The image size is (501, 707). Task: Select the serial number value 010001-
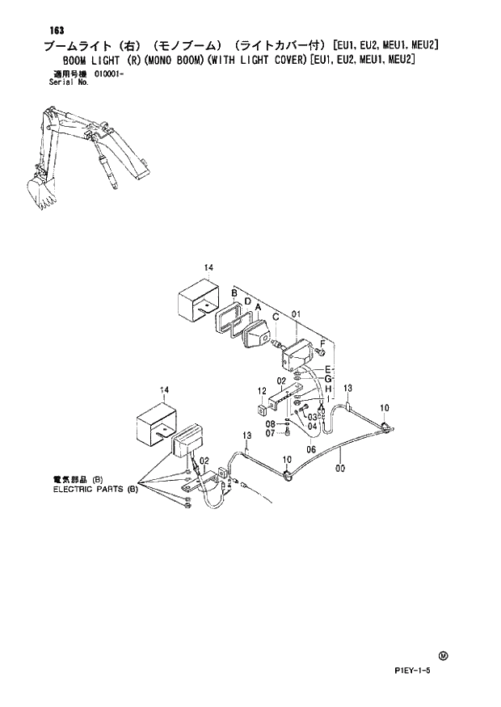click(111, 74)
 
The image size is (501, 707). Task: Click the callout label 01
click(296, 314)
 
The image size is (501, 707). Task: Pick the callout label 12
click(262, 391)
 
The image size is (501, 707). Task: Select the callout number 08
click(272, 423)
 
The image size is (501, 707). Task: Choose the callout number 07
click(272, 433)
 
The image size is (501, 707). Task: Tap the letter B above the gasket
click(234, 291)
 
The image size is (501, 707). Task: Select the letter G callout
click(328, 379)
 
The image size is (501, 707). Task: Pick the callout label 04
click(312, 427)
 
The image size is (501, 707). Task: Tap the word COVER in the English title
click(276, 59)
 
